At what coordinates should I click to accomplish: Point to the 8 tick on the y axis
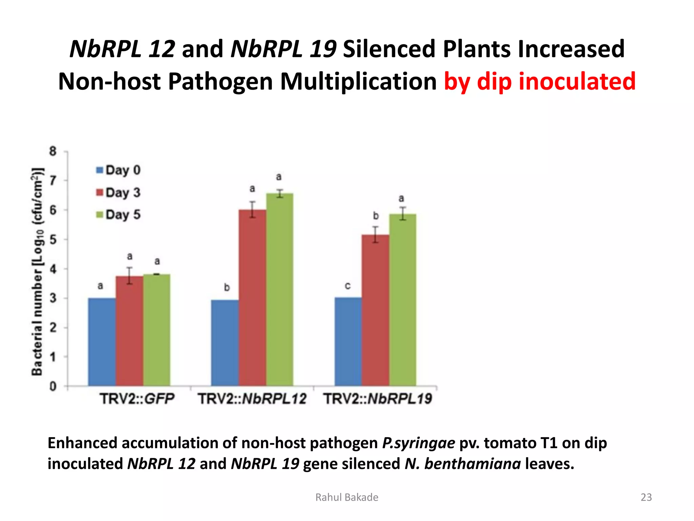coord(53,151)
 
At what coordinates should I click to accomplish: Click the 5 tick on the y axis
coord(53,240)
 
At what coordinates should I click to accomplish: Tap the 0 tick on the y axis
coord(53,386)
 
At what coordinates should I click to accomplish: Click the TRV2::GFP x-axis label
coord(137,399)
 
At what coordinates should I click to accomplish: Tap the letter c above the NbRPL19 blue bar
coord(348,286)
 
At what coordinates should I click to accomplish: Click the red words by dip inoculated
coord(539,81)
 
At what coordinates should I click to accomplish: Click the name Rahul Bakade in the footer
coord(347,497)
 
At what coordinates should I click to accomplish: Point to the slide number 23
coord(646,497)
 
